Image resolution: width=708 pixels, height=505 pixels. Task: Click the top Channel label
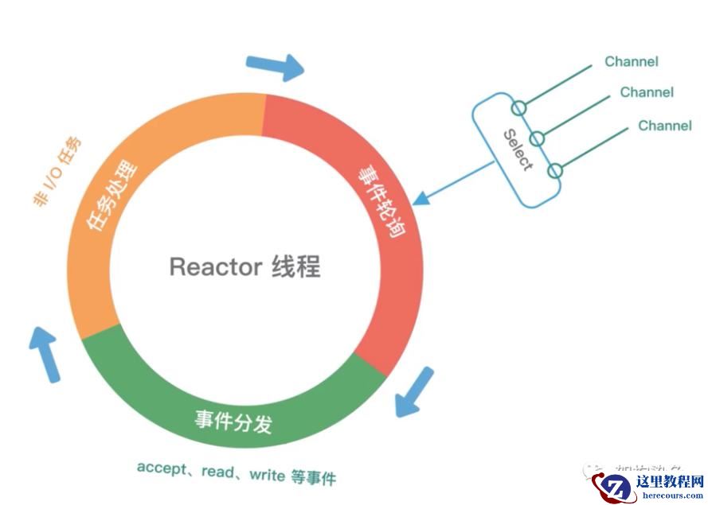click(631, 61)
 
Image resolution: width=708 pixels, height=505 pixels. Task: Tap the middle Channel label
click(647, 92)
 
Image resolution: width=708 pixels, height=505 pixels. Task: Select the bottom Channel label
click(665, 125)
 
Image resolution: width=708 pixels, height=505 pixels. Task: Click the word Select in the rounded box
click(518, 150)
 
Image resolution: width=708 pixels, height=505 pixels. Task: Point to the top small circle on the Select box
click(519, 107)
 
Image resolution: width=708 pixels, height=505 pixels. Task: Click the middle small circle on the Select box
click(538, 139)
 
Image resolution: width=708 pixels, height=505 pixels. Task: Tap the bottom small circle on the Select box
click(555, 170)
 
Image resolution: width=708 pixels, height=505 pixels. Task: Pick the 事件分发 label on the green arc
click(233, 421)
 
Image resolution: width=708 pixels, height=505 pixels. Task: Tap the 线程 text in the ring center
click(295, 266)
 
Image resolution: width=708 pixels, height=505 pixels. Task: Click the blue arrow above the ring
click(276, 67)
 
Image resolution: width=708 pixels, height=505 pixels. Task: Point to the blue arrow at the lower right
click(416, 391)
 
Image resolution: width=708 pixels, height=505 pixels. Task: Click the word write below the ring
click(267, 475)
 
